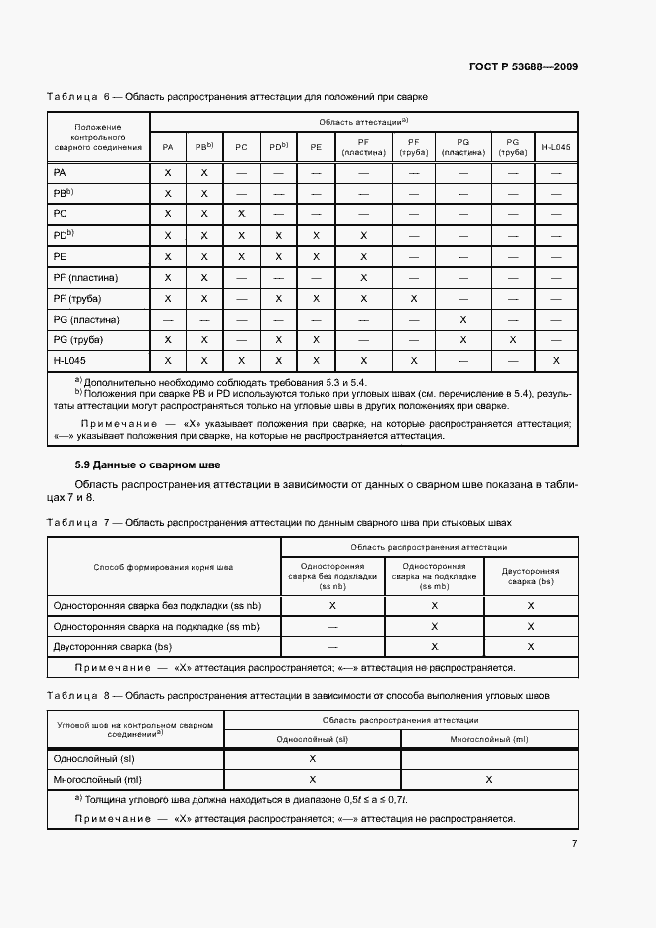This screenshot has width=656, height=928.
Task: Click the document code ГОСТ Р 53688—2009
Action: tap(523, 66)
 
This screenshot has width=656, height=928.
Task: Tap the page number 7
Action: tap(574, 844)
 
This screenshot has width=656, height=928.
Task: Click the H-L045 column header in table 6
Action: tap(556, 147)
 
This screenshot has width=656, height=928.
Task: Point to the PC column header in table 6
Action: tap(241, 147)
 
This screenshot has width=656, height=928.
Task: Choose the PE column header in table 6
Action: tap(316, 147)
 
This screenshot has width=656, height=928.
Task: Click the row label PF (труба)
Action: tap(77, 298)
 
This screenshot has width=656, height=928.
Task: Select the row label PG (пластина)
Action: tap(86, 320)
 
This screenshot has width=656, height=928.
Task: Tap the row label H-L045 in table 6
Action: tap(71, 361)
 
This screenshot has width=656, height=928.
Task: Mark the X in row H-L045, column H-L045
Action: tap(556, 361)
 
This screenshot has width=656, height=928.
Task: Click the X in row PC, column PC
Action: tap(241, 214)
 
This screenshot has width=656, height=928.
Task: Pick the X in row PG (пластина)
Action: tap(462, 320)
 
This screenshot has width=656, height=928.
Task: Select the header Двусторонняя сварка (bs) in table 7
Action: tap(530, 576)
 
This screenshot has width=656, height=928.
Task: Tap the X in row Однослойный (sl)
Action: tap(313, 758)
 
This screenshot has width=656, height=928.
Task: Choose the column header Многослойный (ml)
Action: tap(489, 739)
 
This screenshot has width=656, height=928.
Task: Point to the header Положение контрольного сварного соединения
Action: tap(98, 136)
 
